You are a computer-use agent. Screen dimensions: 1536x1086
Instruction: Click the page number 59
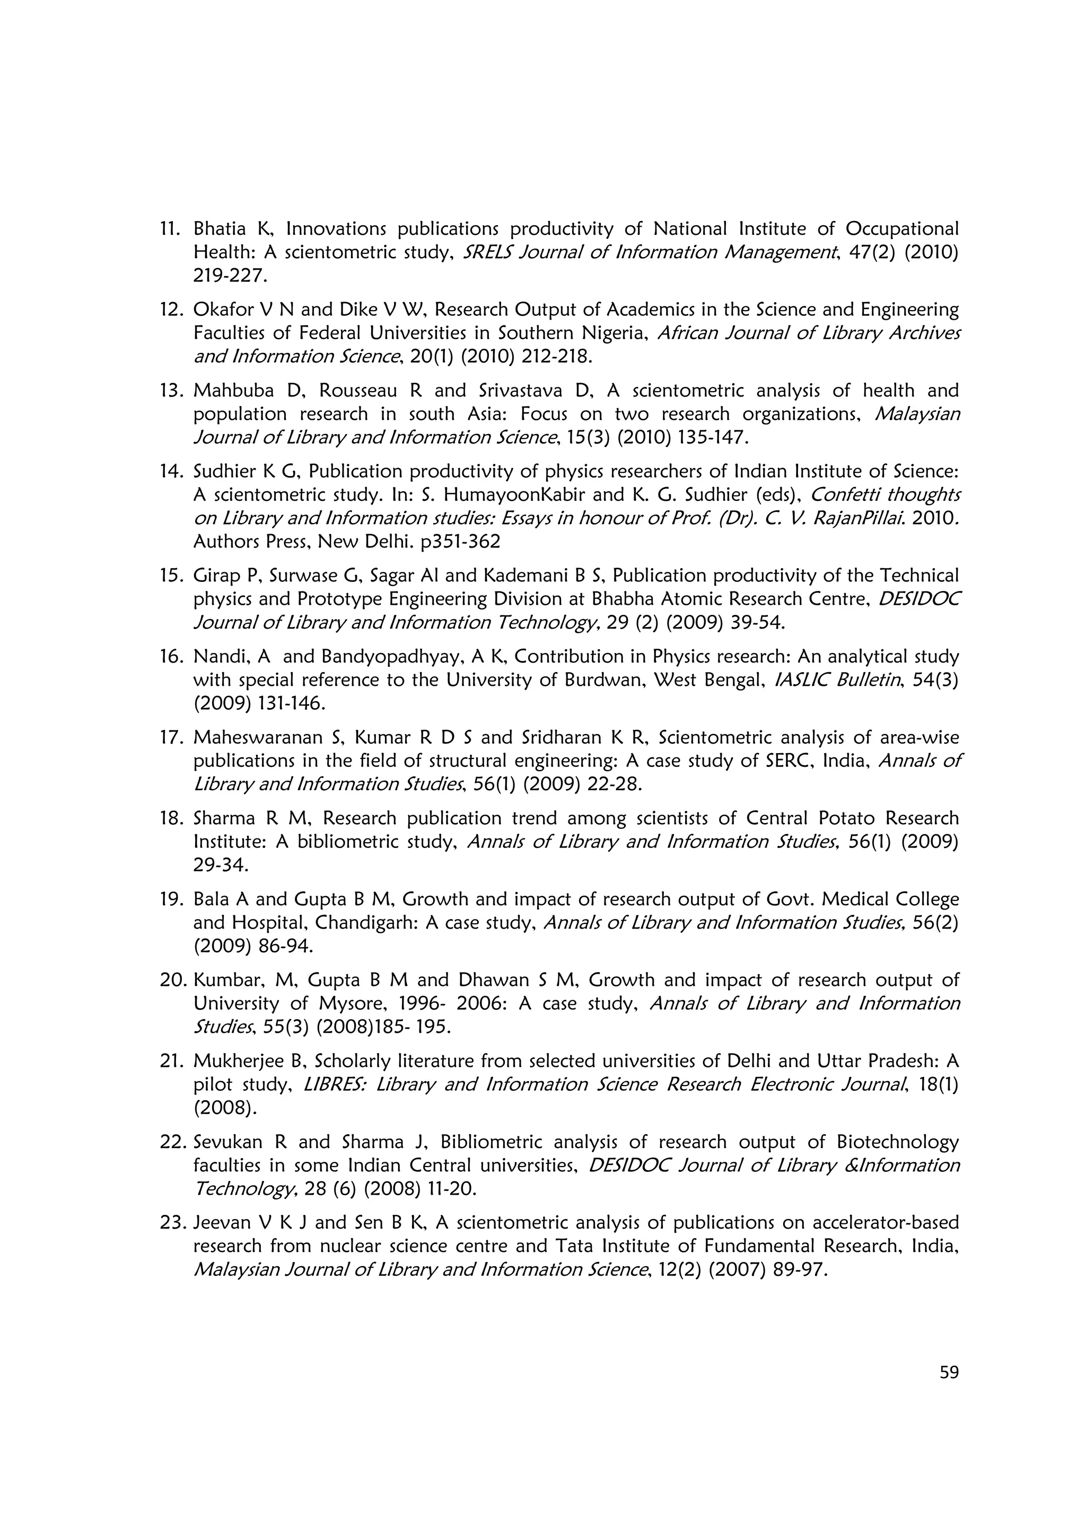point(949,1372)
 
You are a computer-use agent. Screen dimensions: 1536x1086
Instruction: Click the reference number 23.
point(171,1222)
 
